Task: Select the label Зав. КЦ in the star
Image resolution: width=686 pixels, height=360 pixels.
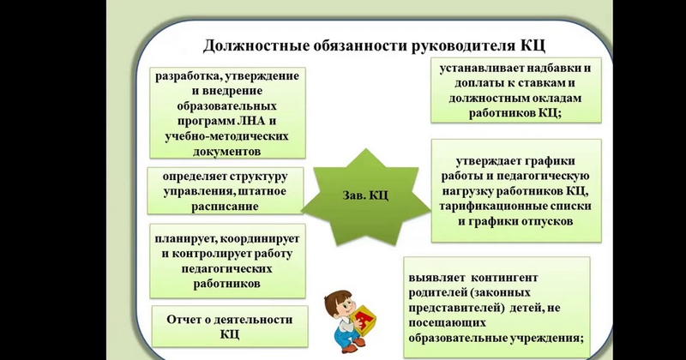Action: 365,195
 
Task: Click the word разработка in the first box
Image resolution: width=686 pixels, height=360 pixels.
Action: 184,76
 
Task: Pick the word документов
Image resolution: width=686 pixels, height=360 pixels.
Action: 226,152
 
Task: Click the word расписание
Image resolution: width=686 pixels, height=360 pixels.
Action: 225,207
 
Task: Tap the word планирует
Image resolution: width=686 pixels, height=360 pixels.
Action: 184,239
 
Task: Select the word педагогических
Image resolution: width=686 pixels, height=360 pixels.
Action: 226,268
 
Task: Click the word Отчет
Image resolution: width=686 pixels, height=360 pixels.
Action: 183,320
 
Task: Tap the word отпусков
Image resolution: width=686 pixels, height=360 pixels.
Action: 547,221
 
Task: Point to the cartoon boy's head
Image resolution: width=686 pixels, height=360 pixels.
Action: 338,304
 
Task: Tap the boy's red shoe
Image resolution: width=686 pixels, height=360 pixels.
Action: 350,349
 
